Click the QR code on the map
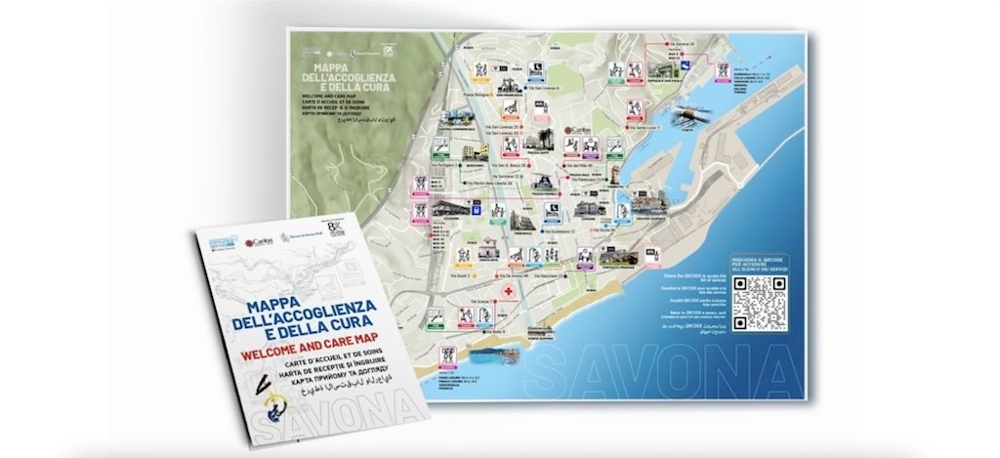pyautogui.click(x=760, y=303)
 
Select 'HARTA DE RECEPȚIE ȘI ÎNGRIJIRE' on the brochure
pyautogui.click(x=314, y=364)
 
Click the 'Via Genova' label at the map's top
pyautogui.click(x=680, y=44)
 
